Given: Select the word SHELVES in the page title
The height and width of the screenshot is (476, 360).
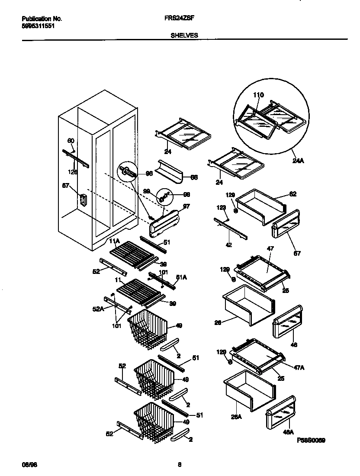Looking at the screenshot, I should click(184, 36).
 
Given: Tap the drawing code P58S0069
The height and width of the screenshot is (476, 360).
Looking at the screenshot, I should click(311, 440).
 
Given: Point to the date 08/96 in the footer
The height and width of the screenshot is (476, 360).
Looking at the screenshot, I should click(28, 465).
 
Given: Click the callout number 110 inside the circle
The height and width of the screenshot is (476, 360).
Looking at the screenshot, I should click(258, 95).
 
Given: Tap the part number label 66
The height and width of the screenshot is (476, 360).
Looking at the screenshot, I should click(194, 177).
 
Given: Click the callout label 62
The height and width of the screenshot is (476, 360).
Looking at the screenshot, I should click(293, 194).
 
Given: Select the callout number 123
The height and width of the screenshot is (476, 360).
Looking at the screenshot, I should click(221, 208).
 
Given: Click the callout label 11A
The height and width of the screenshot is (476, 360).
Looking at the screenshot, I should click(114, 241).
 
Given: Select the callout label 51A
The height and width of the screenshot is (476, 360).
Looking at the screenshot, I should click(182, 280).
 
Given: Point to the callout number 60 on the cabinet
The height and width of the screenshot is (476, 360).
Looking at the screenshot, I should click(71, 141).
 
